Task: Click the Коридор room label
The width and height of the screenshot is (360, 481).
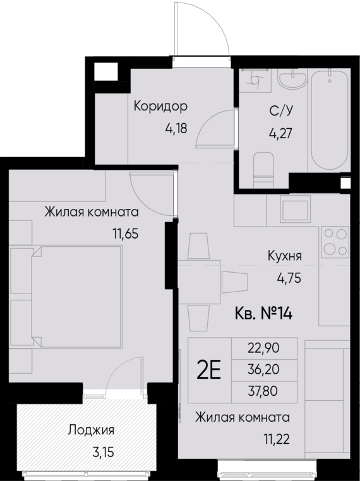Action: tap(160, 106)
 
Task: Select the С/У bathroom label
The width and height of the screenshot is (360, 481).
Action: tap(280, 112)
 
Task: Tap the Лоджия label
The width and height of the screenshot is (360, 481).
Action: tap(92, 431)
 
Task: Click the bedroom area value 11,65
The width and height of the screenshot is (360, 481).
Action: tap(125, 232)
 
